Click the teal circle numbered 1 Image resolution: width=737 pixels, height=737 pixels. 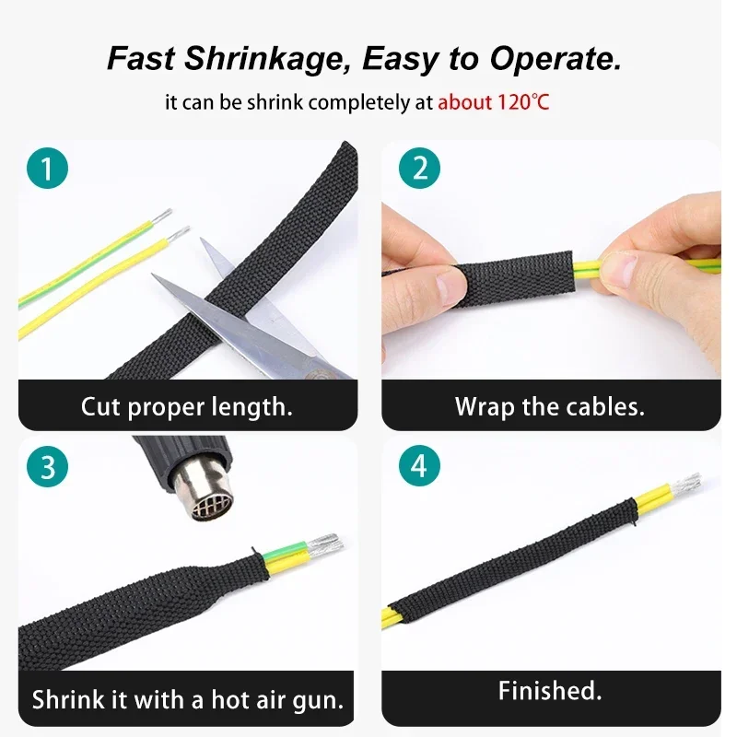48,169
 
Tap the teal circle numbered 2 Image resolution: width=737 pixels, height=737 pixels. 419,169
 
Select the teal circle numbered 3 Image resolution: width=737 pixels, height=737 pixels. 48,467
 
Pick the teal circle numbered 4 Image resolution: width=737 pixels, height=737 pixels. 419,466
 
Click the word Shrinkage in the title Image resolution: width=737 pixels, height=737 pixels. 267,59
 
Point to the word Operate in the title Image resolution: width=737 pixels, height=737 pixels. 556,59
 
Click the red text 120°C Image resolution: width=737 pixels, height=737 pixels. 522,102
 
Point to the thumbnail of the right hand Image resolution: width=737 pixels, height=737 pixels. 619,269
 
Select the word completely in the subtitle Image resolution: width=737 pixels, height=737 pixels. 358,102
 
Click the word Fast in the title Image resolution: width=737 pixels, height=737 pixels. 142,58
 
